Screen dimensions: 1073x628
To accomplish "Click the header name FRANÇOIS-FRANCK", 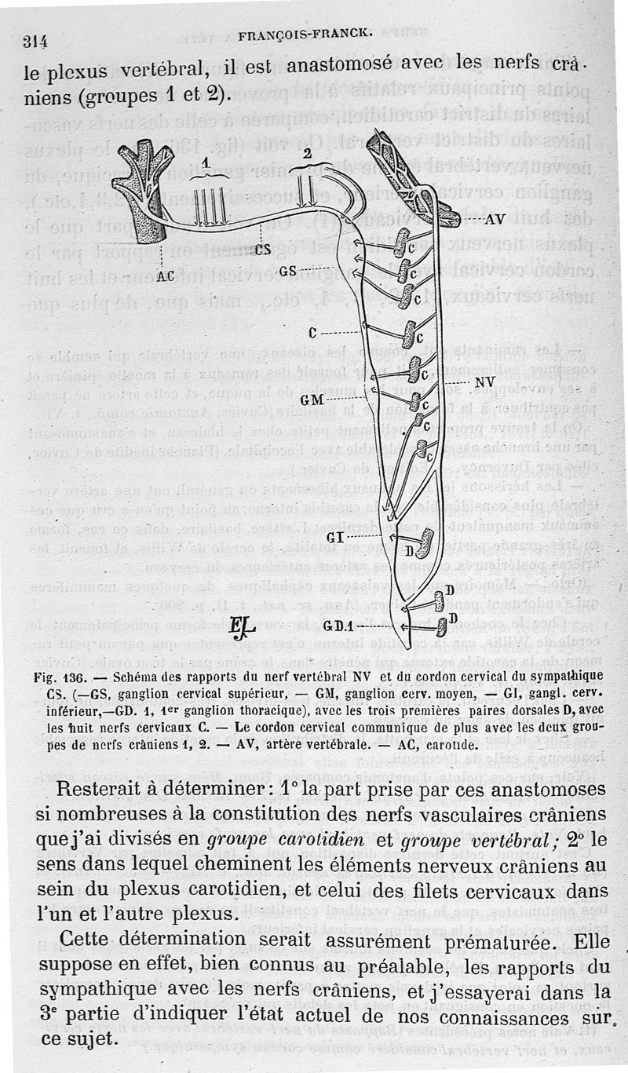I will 305,32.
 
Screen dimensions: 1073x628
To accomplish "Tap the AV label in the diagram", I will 493,220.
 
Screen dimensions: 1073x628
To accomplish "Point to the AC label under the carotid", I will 165,276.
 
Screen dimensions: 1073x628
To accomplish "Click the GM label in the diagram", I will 312,400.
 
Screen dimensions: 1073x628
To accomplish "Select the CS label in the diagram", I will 265,250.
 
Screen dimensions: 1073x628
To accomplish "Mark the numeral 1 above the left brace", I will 205,162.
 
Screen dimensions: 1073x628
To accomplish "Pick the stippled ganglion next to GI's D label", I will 425,542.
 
